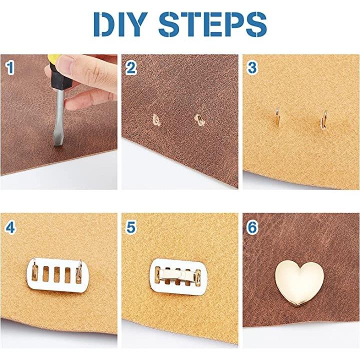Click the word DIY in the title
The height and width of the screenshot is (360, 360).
(x=120, y=24)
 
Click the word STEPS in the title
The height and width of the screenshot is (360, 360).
(x=213, y=24)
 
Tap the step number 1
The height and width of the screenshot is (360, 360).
(x=10, y=67)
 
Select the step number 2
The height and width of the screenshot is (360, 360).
(x=131, y=67)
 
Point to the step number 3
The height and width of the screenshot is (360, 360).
(x=252, y=67)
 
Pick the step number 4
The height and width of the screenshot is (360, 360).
(x=10, y=227)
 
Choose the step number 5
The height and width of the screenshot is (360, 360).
(x=131, y=227)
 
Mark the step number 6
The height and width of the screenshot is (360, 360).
(x=252, y=227)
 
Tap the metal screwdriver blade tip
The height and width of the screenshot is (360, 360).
(x=57, y=145)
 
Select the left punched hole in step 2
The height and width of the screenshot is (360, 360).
(x=156, y=120)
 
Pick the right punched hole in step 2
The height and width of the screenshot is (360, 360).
(x=199, y=120)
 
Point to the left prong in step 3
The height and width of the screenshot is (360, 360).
(x=277, y=116)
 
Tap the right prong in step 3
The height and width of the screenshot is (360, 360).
(x=323, y=119)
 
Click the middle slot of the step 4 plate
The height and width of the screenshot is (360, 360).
(x=56, y=274)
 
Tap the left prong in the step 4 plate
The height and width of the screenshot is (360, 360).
(x=34, y=271)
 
